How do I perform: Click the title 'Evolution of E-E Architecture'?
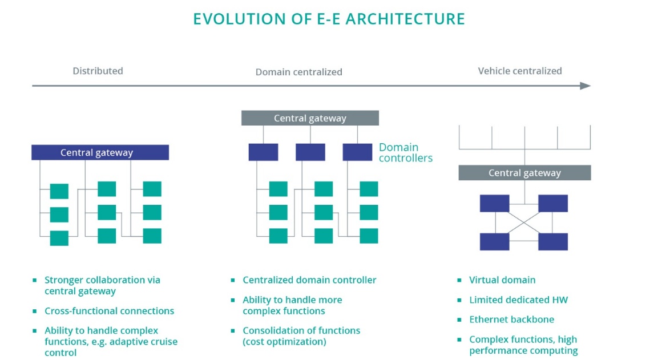[329, 19]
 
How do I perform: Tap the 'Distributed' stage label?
[98, 71]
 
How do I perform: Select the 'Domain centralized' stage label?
[298, 72]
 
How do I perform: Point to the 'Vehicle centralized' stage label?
[519, 71]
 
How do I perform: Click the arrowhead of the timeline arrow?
[586, 86]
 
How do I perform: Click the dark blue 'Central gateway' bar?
[100, 152]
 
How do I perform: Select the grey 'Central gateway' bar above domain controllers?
[310, 118]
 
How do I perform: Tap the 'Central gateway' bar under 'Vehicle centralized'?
[524, 173]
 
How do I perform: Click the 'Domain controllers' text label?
[405, 152]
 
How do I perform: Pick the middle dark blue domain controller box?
[310, 152]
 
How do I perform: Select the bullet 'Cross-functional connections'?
[109, 311]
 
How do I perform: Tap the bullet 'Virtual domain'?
[502, 280]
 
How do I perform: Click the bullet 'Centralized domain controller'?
[309, 280]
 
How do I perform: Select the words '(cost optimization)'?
[284, 342]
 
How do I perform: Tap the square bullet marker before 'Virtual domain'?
[460, 281]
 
